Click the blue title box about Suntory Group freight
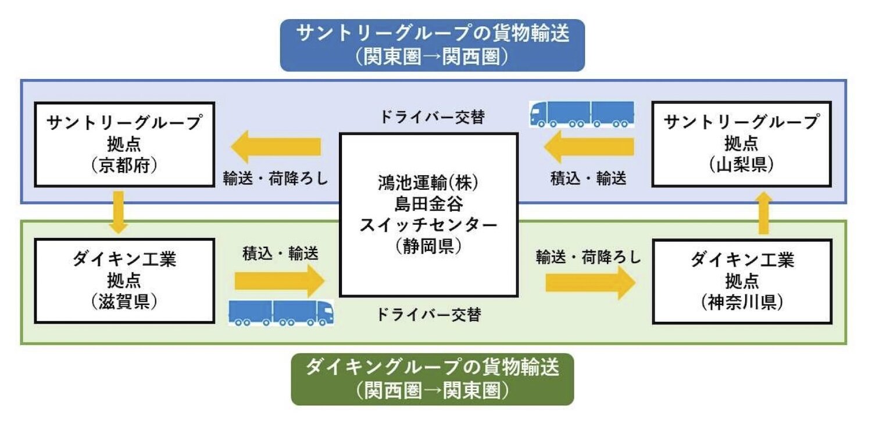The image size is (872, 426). point(432,45)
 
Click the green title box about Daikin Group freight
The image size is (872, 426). point(432,379)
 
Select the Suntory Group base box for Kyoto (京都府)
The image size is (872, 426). point(124,144)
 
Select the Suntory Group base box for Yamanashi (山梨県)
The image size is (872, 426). point(741,144)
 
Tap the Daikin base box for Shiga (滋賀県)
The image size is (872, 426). point(124,281)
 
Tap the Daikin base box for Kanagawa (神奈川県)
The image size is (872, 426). point(742,281)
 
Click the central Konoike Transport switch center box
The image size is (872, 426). point(428,215)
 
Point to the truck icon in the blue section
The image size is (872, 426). point(581,114)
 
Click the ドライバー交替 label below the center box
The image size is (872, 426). point(428,315)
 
